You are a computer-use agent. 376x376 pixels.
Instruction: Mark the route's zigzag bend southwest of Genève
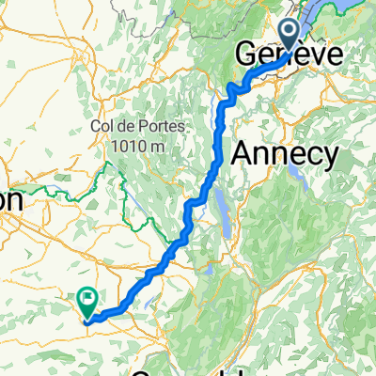(233, 90)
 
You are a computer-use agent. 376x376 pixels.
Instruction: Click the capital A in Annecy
(240, 153)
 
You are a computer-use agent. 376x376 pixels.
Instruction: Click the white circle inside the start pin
(293, 30)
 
